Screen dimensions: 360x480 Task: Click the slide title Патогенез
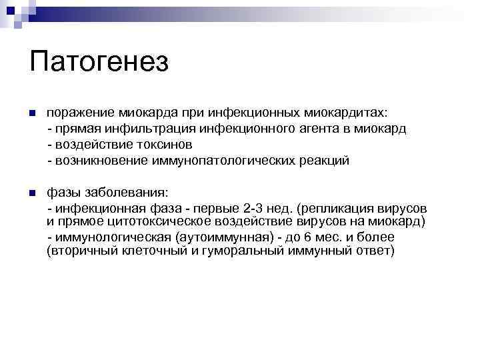tap(99, 61)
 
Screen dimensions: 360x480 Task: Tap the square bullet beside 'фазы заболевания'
tap(31, 193)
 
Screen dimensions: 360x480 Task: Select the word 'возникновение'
tap(102, 161)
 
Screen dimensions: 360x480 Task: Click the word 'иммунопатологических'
tap(224, 161)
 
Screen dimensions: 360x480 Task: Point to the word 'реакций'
tap(323, 161)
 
